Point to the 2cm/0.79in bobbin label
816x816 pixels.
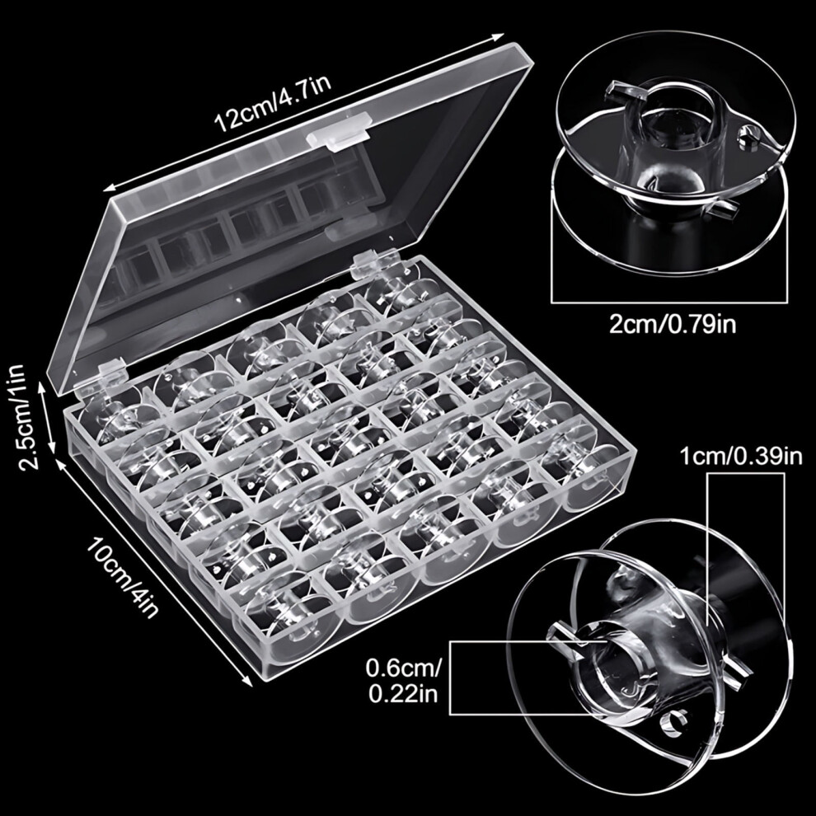coord(673,326)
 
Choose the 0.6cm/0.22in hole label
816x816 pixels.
coord(403,680)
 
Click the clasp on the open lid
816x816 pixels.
coord(338,133)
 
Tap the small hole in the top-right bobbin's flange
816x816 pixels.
coord(748,138)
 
